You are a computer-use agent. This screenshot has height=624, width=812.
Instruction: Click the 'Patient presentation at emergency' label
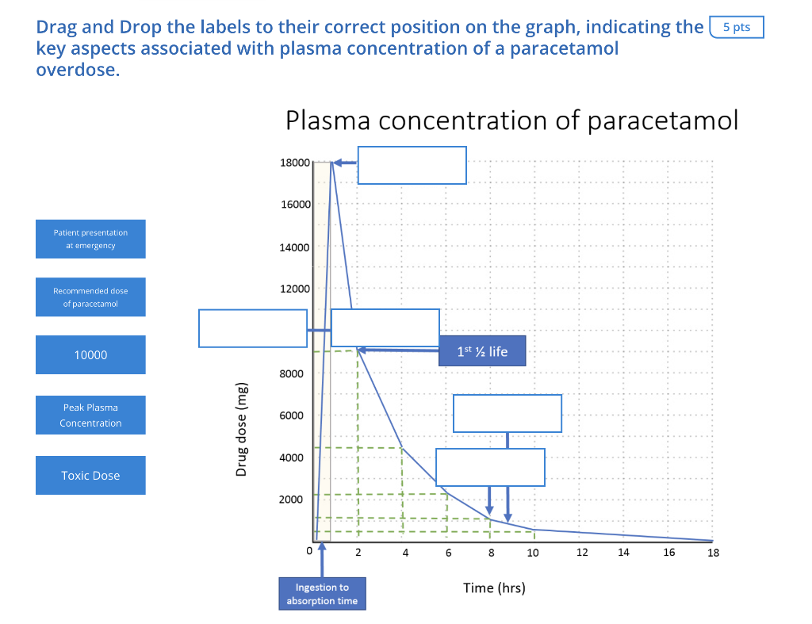90,239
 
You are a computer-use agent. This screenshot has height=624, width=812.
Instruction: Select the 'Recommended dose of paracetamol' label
90,297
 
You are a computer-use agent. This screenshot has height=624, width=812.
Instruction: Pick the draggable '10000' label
90,354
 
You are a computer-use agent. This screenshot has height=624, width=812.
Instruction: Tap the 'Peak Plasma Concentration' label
90,415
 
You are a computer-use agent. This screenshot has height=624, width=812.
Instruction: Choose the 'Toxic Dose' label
90,475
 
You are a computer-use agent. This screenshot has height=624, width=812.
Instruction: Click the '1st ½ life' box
482,351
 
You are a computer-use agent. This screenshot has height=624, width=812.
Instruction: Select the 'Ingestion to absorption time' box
322,594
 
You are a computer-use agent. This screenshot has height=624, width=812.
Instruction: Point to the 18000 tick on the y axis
295,163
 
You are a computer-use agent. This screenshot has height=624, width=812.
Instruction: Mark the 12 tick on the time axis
581,553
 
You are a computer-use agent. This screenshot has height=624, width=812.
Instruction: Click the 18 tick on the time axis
713,553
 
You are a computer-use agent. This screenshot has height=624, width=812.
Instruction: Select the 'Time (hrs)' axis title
494,588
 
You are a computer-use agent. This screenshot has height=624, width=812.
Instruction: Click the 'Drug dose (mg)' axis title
242,430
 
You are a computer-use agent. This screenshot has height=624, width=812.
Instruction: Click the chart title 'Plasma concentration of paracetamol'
511,121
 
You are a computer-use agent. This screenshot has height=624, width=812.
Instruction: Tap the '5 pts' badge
737,27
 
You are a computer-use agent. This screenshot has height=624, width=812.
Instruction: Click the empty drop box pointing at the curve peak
412,165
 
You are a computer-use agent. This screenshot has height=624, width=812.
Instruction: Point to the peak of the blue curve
331,163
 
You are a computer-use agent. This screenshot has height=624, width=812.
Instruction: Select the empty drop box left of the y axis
252,328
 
